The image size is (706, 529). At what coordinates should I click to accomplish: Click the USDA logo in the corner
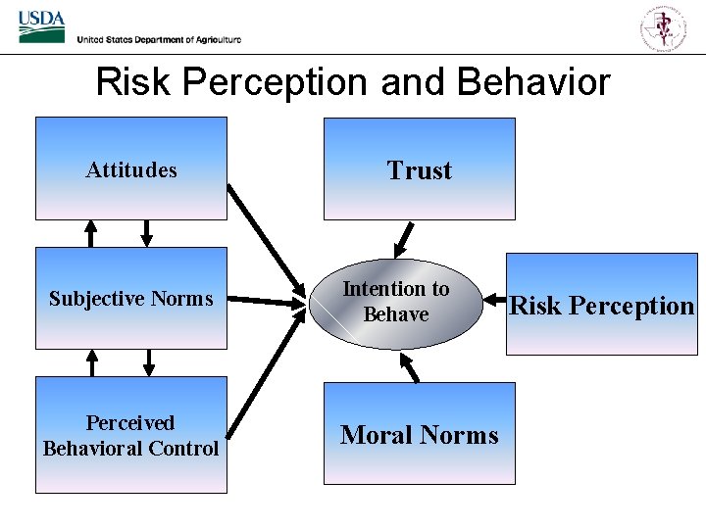pyautogui.click(x=41, y=27)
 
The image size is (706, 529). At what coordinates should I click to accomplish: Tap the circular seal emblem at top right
pyautogui.click(x=664, y=26)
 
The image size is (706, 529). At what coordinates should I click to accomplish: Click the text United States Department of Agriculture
pyautogui.click(x=159, y=39)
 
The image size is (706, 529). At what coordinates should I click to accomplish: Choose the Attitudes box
pyautogui.click(x=131, y=168)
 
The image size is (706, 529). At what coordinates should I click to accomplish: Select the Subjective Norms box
pyautogui.click(x=131, y=298)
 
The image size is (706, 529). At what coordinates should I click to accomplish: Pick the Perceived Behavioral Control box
pyautogui.click(x=131, y=435)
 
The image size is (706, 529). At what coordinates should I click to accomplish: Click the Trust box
pyautogui.click(x=419, y=169)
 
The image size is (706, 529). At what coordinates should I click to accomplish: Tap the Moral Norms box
pyautogui.click(x=419, y=435)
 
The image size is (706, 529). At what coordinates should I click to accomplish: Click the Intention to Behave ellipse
pyautogui.click(x=396, y=302)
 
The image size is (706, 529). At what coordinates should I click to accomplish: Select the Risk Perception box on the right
pyautogui.click(x=601, y=305)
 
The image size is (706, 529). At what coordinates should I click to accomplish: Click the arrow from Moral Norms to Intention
pyautogui.click(x=410, y=366)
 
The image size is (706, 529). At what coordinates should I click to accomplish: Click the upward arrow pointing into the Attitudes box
pyautogui.click(x=91, y=233)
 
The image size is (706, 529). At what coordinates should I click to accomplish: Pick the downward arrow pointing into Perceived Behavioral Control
pyautogui.click(x=148, y=363)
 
